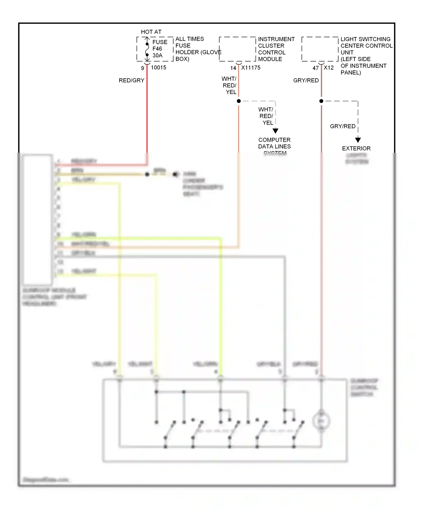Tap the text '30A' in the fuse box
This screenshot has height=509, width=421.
point(157,56)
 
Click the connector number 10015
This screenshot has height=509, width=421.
point(159,68)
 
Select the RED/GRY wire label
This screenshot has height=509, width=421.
point(131,81)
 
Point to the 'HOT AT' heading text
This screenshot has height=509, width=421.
point(151,32)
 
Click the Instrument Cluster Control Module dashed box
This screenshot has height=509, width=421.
point(237,49)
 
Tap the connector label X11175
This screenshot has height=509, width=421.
point(251,68)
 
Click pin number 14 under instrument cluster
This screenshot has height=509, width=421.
point(233,68)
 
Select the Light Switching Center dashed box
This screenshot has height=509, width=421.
point(320,49)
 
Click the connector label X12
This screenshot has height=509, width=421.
point(329,68)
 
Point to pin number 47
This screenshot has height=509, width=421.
point(315,68)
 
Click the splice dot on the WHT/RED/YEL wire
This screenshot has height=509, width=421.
point(239,101)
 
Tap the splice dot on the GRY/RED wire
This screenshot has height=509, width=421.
point(321,101)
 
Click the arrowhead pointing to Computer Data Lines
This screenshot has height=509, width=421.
point(275,131)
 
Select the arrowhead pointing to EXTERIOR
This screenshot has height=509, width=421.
point(358,140)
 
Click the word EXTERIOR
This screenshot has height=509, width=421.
point(356,148)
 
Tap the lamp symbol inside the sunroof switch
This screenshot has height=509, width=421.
point(321,421)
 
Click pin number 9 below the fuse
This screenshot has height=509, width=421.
point(142,68)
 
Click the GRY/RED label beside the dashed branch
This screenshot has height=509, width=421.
point(342,126)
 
